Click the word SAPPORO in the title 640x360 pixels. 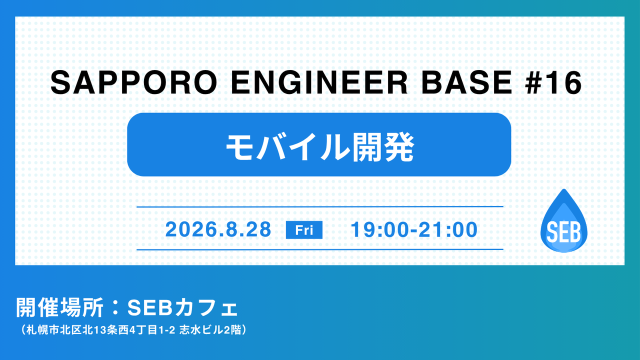(x=134, y=82)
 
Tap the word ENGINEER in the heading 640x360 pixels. (x=319, y=82)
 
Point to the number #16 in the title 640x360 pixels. (x=553, y=82)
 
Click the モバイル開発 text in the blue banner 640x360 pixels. (x=320, y=147)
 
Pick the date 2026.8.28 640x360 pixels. (x=218, y=229)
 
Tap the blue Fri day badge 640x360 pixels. (x=304, y=229)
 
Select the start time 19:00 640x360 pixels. (x=380, y=229)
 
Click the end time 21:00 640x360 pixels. (x=448, y=229)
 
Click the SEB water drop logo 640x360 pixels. (x=563, y=221)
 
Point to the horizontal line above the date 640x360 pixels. (x=319, y=206)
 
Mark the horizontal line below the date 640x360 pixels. (x=319, y=249)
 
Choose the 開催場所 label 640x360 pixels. (x=59, y=307)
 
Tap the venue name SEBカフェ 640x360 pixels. (x=182, y=308)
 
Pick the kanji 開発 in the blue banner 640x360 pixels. (x=383, y=147)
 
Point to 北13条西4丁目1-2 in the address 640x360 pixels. (x=128, y=330)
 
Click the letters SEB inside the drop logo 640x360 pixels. (x=563, y=232)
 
